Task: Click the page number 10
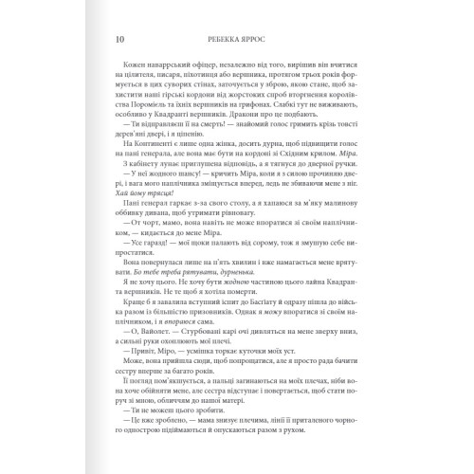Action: [117, 41]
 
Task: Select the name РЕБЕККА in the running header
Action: [226, 41]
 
